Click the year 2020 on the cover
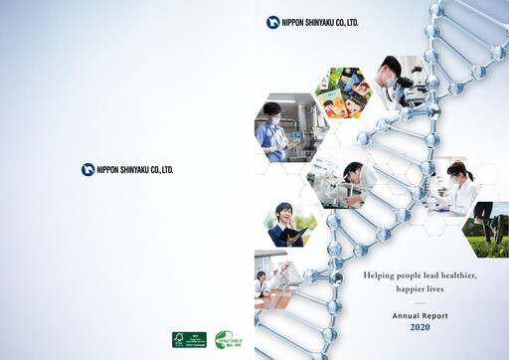[x=420, y=327]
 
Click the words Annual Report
[x=420, y=314]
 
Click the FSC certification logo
[x=189, y=339]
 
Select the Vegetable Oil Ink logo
[x=228, y=339]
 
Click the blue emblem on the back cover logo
[x=87, y=169]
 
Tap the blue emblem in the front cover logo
[x=272, y=22]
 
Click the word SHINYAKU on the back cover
[x=130, y=170]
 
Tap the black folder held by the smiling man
[x=295, y=236]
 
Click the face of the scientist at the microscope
[x=392, y=70]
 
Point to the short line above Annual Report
[x=420, y=301]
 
